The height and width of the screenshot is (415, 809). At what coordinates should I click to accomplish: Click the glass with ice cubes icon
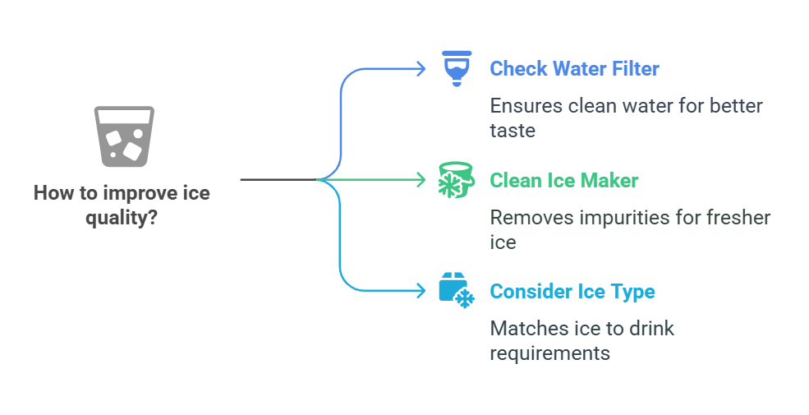[x=124, y=136]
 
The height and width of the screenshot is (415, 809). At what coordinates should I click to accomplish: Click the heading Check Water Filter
[x=574, y=68]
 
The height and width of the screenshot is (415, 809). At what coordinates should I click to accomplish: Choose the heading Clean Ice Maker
[x=563, y=180]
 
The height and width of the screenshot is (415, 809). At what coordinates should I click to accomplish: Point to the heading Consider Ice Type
[x=572, y=292]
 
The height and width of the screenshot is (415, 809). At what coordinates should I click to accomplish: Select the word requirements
[x=549, y=353]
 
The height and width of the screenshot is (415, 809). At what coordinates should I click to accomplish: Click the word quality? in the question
[x=122, y=219]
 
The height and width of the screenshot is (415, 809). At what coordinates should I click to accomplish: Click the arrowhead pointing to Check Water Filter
[x=421, y=68]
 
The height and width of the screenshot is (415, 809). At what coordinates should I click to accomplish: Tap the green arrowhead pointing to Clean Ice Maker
[x=421, y=179]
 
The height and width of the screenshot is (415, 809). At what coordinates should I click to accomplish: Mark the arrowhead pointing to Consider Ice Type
[x=421, y=290]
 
